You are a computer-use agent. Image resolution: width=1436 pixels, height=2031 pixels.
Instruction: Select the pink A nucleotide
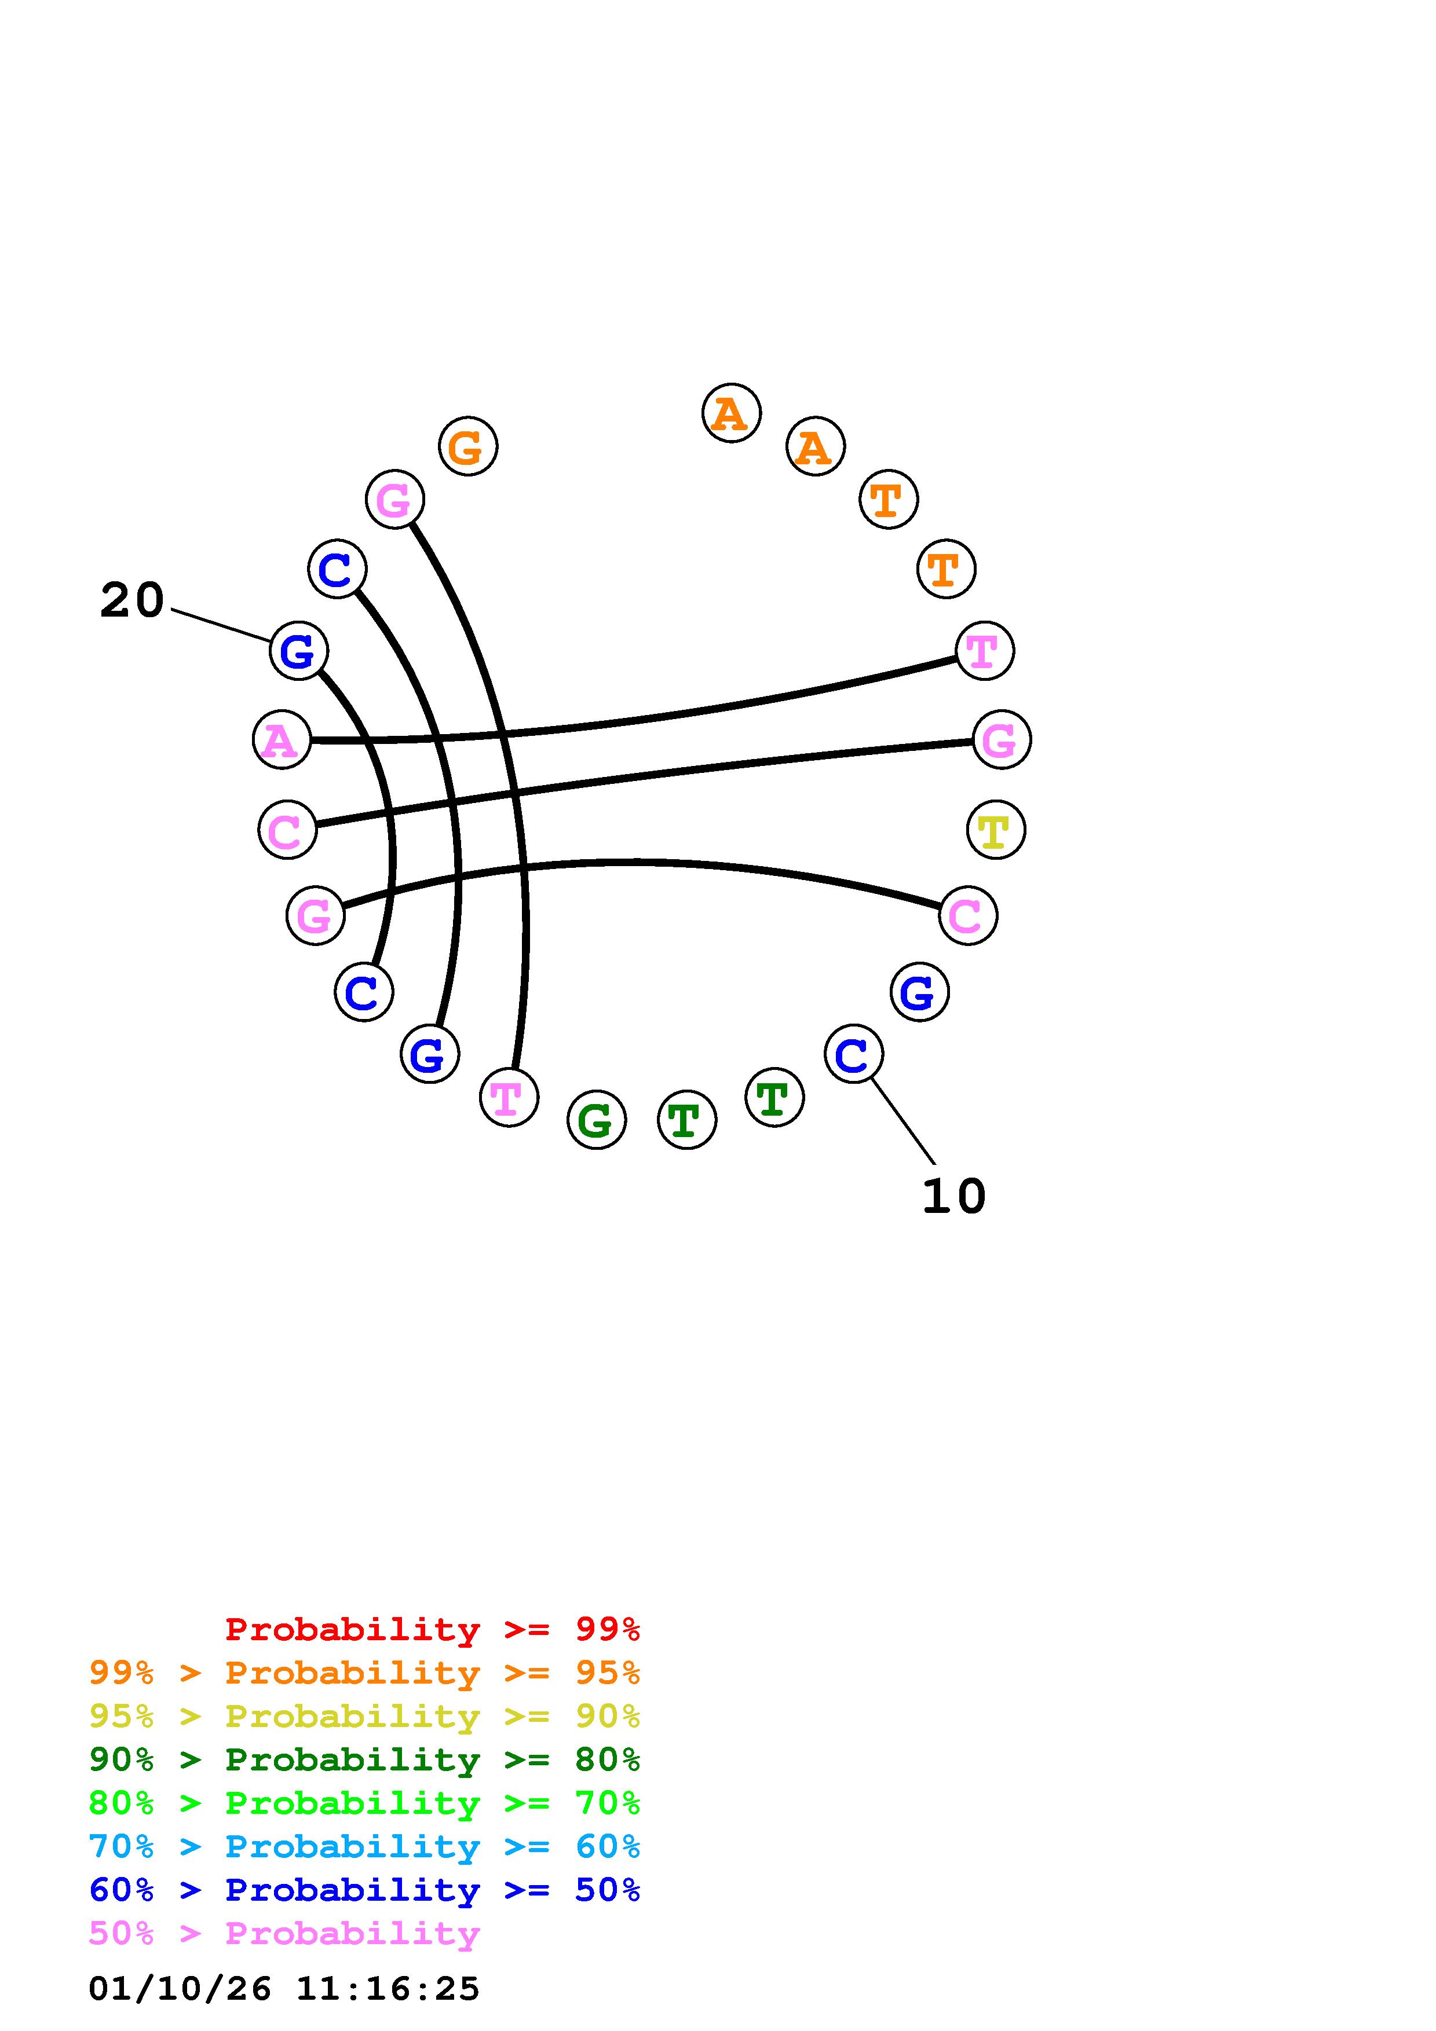tap(282, 739)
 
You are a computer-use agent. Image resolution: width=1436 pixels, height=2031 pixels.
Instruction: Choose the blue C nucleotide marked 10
tap(853, 1054)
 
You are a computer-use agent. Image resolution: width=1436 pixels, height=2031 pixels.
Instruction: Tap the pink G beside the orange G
tap(394, 500)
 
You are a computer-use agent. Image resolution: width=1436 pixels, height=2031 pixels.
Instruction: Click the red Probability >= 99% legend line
tap(433, 1629)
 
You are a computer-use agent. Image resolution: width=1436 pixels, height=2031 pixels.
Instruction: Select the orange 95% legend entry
tap(364, 1673)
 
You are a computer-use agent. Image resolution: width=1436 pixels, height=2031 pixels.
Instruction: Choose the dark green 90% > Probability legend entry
tap(364, 1759)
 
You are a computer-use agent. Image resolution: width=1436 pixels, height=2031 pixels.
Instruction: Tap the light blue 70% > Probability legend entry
tap(364, 1846)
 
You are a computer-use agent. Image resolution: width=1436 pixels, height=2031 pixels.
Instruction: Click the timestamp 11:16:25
tap(388, 1989)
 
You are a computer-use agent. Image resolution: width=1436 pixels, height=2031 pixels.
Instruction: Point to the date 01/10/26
tap(180, 1989)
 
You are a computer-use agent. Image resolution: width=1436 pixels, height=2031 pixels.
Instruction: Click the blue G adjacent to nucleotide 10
tap(919, 992)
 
